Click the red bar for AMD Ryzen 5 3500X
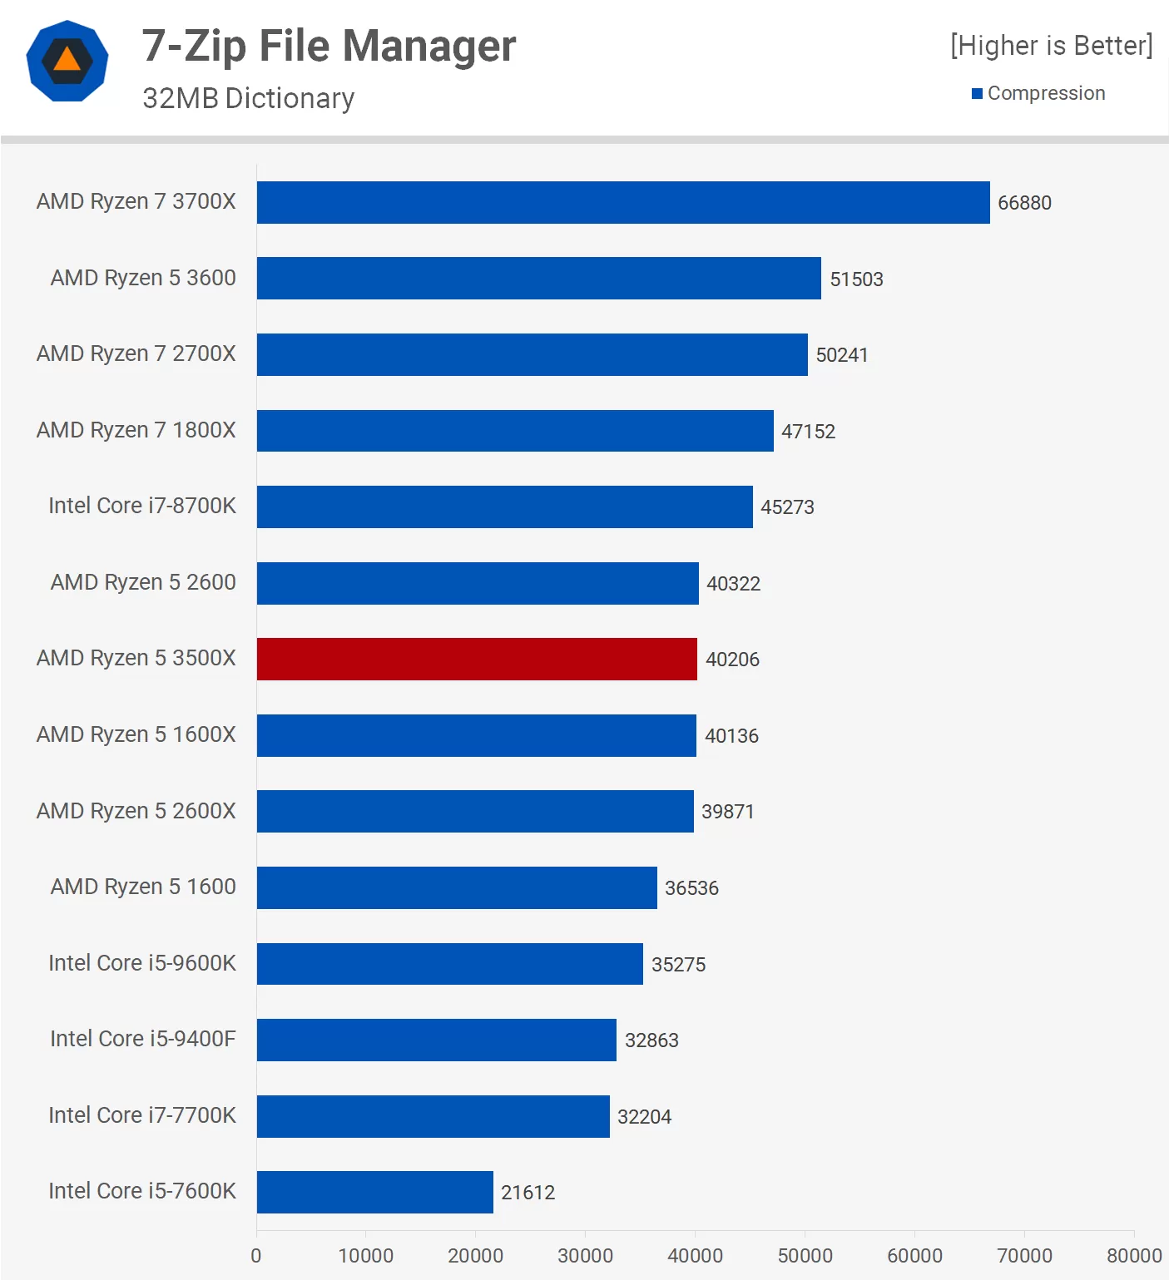tap(477, 659)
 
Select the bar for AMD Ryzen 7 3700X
tap(623, 202)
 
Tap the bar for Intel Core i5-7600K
tap(374, 1192)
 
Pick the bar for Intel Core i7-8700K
tap(504, 507)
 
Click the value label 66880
tap(1024, 203)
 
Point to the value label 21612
tap(528, 1193)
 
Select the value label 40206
tap(732, 660)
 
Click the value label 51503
tap(856, 279)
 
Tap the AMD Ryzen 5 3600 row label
tap(143, 278)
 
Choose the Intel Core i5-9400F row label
tap(143, 1039)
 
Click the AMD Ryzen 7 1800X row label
tap(136, 430)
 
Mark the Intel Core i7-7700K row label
tap(142, 1115)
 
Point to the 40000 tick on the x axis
tap(695, 1255)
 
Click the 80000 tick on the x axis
tap(1133, 1255)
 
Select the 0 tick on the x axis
tap(256, 1255)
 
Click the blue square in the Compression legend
tap(978, 93)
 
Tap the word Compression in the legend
tap(1046, 93)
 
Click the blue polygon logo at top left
tap(67, 61)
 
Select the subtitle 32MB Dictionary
tap(248, 98)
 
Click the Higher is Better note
tap(1051, 46)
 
